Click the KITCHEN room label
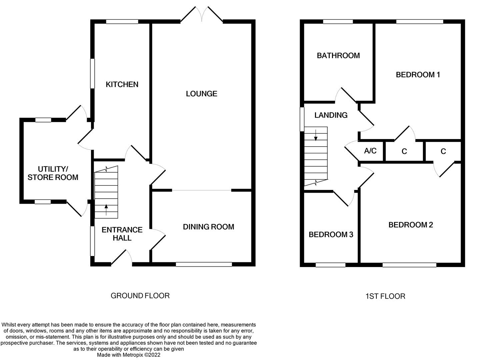click(x=122, y=84)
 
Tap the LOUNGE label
click(x=201, y=94)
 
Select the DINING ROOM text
click(x=208, y=227)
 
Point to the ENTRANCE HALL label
click(x=122, y=234)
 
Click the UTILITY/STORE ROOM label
click(x=53, y=173)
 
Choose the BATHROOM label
click(x=338, y=56)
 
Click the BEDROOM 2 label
click(x=410, y=225)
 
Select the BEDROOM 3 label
click(x=331, y=235)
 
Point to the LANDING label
click(x=331, y=115)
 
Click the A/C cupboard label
click(x=370, y=151)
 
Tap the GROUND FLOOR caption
click(x=140, y=296)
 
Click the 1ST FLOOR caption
click(x=385, y=296)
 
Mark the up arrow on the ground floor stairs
click(x=106, y=210)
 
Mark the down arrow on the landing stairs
click(x=315, y=135)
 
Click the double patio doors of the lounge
click(x=202, y=15)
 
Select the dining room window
click(x=204, y=264)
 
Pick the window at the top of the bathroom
click(x=338, y=22)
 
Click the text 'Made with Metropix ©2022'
click(x=129, y=355)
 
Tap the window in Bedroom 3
click(x=330, y=265)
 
